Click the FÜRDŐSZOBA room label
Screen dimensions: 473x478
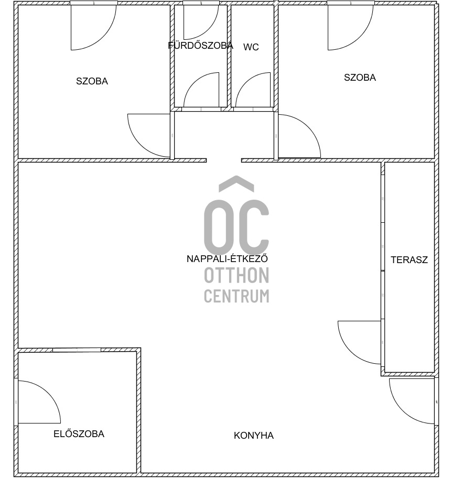[x=201, y=46]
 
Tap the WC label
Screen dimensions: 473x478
[x=251, y=47]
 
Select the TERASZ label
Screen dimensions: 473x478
[x=409, y=260]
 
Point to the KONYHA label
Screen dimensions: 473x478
[x=254, y=436]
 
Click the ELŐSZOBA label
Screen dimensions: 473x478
[x=79, y=434]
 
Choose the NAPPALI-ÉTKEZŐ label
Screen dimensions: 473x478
[x=227, y=258]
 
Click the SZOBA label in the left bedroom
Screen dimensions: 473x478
[x=92, y=81]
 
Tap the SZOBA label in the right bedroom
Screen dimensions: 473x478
[x=360, y=78]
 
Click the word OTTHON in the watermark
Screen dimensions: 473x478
[x=236, y=275]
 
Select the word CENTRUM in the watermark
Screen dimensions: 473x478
[x=236, y=296]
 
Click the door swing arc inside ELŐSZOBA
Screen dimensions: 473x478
[x=48, y=393]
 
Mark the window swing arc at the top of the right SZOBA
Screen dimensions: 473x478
[x=360, y=37]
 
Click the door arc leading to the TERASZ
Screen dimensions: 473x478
[x=350, y=352]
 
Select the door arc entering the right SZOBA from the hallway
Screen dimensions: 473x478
[x=308, y=127]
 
